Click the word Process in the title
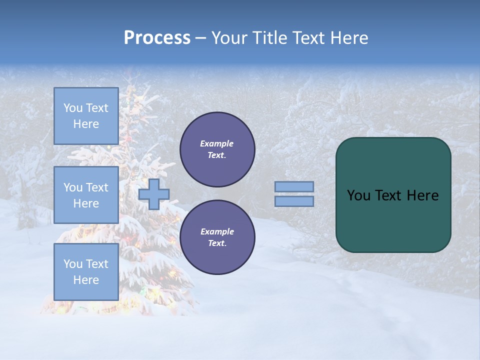point(157,38)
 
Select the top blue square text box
point(86,116)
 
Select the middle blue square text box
point(86,195)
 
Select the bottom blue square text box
point(86,271)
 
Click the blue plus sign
point(154,194)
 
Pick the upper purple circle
point(217,149)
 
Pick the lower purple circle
point(217,237)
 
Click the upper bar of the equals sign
point(294,187)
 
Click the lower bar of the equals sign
point(294,201)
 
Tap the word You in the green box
point(358,195)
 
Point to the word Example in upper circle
point(217,143)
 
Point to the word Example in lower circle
point(217,231)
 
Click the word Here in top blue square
point(86,124)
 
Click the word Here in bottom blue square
point(86,280)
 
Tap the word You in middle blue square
point(73,187)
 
